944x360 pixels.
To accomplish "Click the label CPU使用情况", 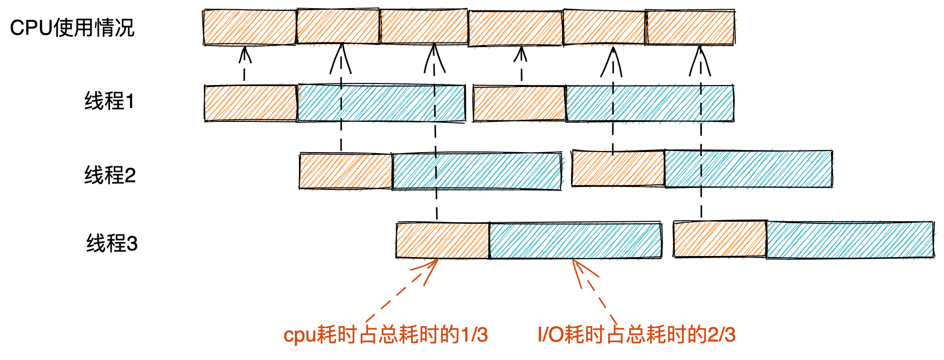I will coord(72,28).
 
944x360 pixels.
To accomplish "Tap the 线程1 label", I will coord(109,101).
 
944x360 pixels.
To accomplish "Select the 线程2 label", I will coord(110,175).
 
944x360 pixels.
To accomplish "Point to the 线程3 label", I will coord(112,243).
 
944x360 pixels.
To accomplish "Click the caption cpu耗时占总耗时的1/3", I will coord(385,335).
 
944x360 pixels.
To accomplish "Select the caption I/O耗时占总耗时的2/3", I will coord(636,335).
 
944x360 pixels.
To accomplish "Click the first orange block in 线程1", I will coord(250,103).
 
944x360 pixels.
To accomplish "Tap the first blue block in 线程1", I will coord(381,103).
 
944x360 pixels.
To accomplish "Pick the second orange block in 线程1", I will coord(519,104).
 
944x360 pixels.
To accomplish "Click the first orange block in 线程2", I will coord(346,171).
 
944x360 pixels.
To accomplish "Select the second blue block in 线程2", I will coord(748,169).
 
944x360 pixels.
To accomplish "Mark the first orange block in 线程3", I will coord(442,240).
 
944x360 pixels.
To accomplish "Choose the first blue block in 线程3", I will coord(575,240).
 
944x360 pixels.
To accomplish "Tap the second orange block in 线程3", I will coord(720,239).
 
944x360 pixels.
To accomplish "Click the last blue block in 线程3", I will coord(850,240).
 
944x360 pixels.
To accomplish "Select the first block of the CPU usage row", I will coord(249,27).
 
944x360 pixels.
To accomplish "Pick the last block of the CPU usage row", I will coord(690,27).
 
